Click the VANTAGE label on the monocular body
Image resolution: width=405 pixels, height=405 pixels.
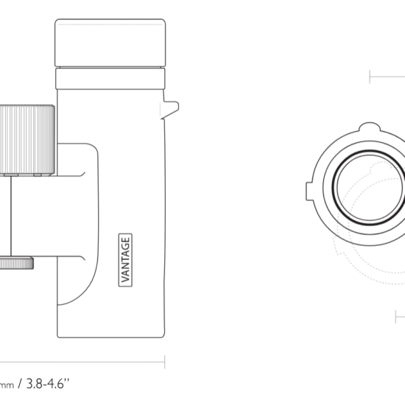(x=125, y=260)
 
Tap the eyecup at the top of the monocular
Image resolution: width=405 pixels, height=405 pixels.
(x=110, y=43)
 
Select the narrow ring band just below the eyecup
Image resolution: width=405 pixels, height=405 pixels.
(x=110, y=79)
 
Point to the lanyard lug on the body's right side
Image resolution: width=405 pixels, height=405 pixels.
(x=171, y=108)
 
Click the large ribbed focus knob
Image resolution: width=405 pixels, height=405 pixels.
(x=27, y=140)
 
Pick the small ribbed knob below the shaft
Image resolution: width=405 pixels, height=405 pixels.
(x=16, y=263)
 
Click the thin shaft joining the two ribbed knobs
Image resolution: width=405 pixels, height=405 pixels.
(x=11, y=216)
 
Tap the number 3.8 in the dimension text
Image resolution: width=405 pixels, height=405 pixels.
(x=35, y=384)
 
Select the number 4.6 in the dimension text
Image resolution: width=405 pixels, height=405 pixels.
(x=54, y=384)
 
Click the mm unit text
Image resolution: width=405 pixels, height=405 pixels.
(x=7, y=385)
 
